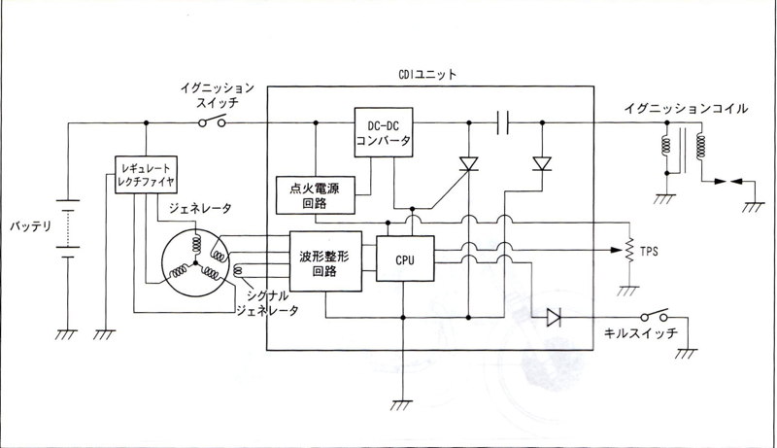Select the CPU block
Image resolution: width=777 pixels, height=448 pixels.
404,259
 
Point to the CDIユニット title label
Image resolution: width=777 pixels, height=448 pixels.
428,74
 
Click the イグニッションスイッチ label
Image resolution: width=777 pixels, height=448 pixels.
218,93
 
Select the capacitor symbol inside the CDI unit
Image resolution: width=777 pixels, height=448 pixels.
502,122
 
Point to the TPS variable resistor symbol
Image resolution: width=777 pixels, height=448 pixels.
626,252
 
